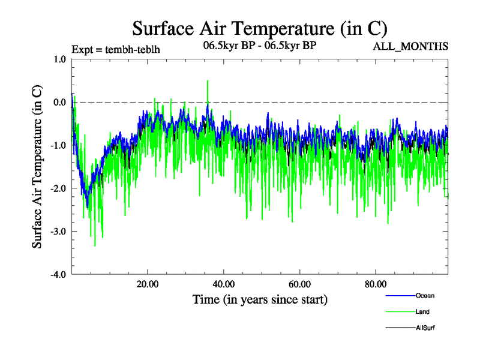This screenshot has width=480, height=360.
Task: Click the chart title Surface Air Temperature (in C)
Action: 259,28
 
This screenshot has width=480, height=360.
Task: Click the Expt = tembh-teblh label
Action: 115,49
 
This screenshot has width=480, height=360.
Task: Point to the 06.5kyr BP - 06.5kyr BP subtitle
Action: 260,46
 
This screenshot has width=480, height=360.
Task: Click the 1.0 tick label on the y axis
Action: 59,59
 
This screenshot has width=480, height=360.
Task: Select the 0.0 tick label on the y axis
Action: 59,102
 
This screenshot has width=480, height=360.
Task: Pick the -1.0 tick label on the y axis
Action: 58,145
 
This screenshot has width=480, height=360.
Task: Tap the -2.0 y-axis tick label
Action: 58,188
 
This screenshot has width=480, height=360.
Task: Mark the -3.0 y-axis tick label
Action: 58,232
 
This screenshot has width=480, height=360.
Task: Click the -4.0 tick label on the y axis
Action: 58,275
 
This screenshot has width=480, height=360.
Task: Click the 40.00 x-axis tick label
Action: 223,284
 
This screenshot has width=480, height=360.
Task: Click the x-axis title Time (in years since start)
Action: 260,299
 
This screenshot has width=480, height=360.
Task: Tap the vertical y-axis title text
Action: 37,167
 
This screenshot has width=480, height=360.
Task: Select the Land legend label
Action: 422,311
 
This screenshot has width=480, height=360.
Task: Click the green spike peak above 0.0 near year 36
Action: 208,81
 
